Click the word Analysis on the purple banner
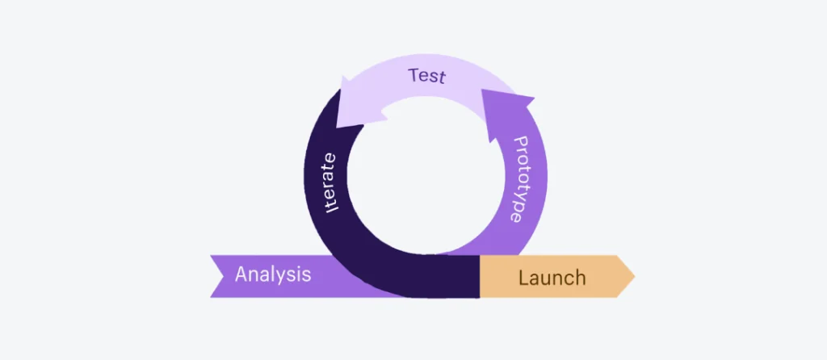pyautogui.click(x=273, y=274)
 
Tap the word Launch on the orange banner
pyautogui.click(x=552, y=278)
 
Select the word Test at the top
pyautogui.click(x=427, y=77)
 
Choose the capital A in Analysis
pyautogui.click(x=241, y=274)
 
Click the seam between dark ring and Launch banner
pyautogui.click(x=481, y=277)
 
